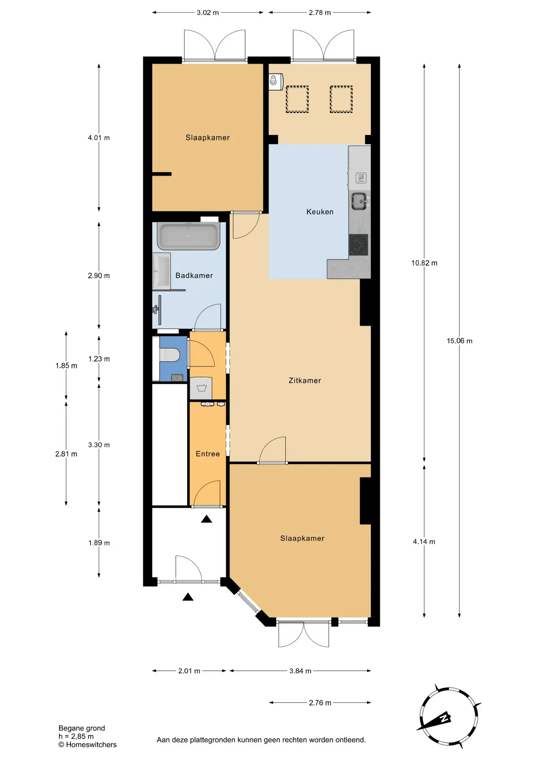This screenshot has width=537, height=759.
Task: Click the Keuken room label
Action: point(320,212)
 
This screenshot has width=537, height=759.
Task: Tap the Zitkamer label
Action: point(304,381)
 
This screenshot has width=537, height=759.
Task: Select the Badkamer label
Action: point(194,276)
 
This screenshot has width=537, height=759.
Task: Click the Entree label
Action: point(208,454)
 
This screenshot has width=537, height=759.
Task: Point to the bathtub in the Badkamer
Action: point(189,236)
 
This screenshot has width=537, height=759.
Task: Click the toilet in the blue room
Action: point(170,355)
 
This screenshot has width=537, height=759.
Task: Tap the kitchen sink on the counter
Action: point(360,201)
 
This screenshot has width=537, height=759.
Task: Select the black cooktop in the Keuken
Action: point(358,245)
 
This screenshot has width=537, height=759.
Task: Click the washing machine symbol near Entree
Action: point(201,388)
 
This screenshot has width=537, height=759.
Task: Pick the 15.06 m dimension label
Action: point(459,341)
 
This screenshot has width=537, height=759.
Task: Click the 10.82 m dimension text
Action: point(424,263)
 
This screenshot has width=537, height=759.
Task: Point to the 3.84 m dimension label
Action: point(300,671)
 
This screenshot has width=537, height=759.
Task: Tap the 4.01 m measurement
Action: point(99,138)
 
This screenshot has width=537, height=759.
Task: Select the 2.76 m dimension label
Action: point(320,703)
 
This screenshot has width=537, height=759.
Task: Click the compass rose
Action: point(449,716)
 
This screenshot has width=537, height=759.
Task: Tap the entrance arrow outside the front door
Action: point(188,597)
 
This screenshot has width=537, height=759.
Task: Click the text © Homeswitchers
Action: point(87,745)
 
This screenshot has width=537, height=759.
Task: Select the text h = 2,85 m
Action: point(76,736)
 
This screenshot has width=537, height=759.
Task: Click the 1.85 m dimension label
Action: point(66,366)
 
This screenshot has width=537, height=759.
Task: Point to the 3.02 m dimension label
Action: point(208,13)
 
